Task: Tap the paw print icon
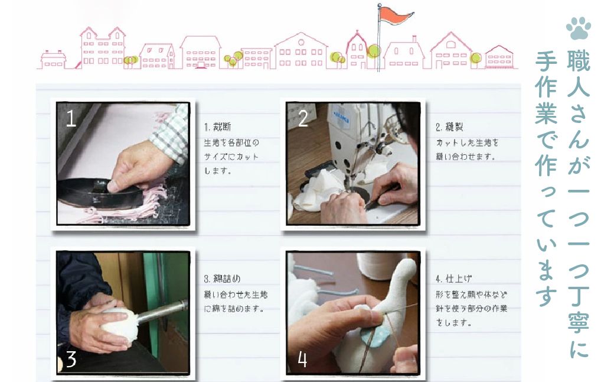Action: point(579,28)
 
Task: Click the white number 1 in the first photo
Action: point(71,118)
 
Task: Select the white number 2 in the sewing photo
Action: point(303,118)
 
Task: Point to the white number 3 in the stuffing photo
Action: point(71,359)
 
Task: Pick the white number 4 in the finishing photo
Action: point(302,359)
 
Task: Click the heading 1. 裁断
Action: point(217,127)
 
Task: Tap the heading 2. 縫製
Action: point(449,127)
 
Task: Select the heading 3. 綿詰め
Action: point(222,279)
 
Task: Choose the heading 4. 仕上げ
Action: point(454,279)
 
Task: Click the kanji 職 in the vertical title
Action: point(579,61)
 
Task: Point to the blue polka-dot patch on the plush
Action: point(373,336)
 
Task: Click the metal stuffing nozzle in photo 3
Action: point(161,310)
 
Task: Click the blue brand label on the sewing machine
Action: point(341,117)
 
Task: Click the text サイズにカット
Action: point(231,157)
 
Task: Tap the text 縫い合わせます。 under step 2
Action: point(466,157)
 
